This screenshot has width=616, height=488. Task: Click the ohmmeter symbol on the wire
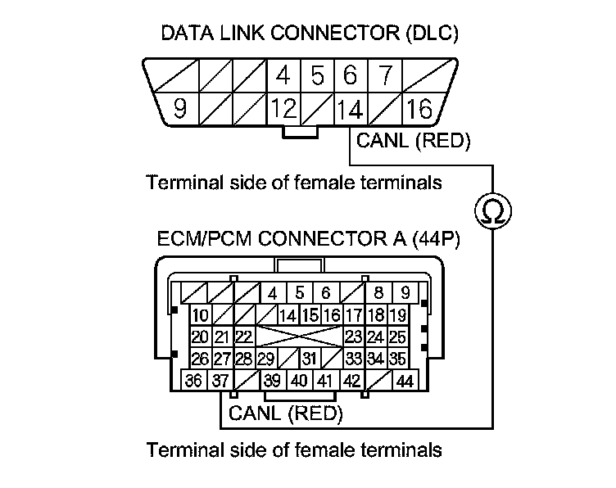[x=493, y=210]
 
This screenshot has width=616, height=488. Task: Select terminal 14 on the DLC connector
[x=351, y=109]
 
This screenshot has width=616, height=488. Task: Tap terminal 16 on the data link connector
[x=419, y=109]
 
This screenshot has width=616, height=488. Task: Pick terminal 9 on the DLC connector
[x=179, y=109]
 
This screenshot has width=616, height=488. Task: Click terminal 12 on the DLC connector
[x=283, y=109]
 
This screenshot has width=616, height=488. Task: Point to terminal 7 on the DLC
[x=385, y=75]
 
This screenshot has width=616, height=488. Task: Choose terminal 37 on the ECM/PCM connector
[x=220, y=381]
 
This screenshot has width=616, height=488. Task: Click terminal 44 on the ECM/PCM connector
[x=405, y=381]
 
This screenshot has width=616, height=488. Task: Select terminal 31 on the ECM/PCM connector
[x=310, y=358]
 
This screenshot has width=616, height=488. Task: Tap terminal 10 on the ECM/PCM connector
[x=201, y=315]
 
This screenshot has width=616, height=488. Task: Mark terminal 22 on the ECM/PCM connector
[x=244, y=337]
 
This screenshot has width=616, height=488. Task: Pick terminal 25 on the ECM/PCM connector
[x=397, y=337]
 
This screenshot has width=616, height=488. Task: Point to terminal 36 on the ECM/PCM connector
[x=193, y=381]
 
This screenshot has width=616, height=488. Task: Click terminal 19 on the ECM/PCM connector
[x=397, y=315]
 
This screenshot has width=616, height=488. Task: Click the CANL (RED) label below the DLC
[x=413, y=141]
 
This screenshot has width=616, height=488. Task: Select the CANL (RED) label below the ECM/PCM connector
[x=286, y=413]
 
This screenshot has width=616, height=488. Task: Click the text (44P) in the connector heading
[x=436, y=238]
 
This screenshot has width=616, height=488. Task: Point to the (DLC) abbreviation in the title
[x=433, y=33]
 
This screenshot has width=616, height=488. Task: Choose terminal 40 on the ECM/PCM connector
[x=299, y=381]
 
